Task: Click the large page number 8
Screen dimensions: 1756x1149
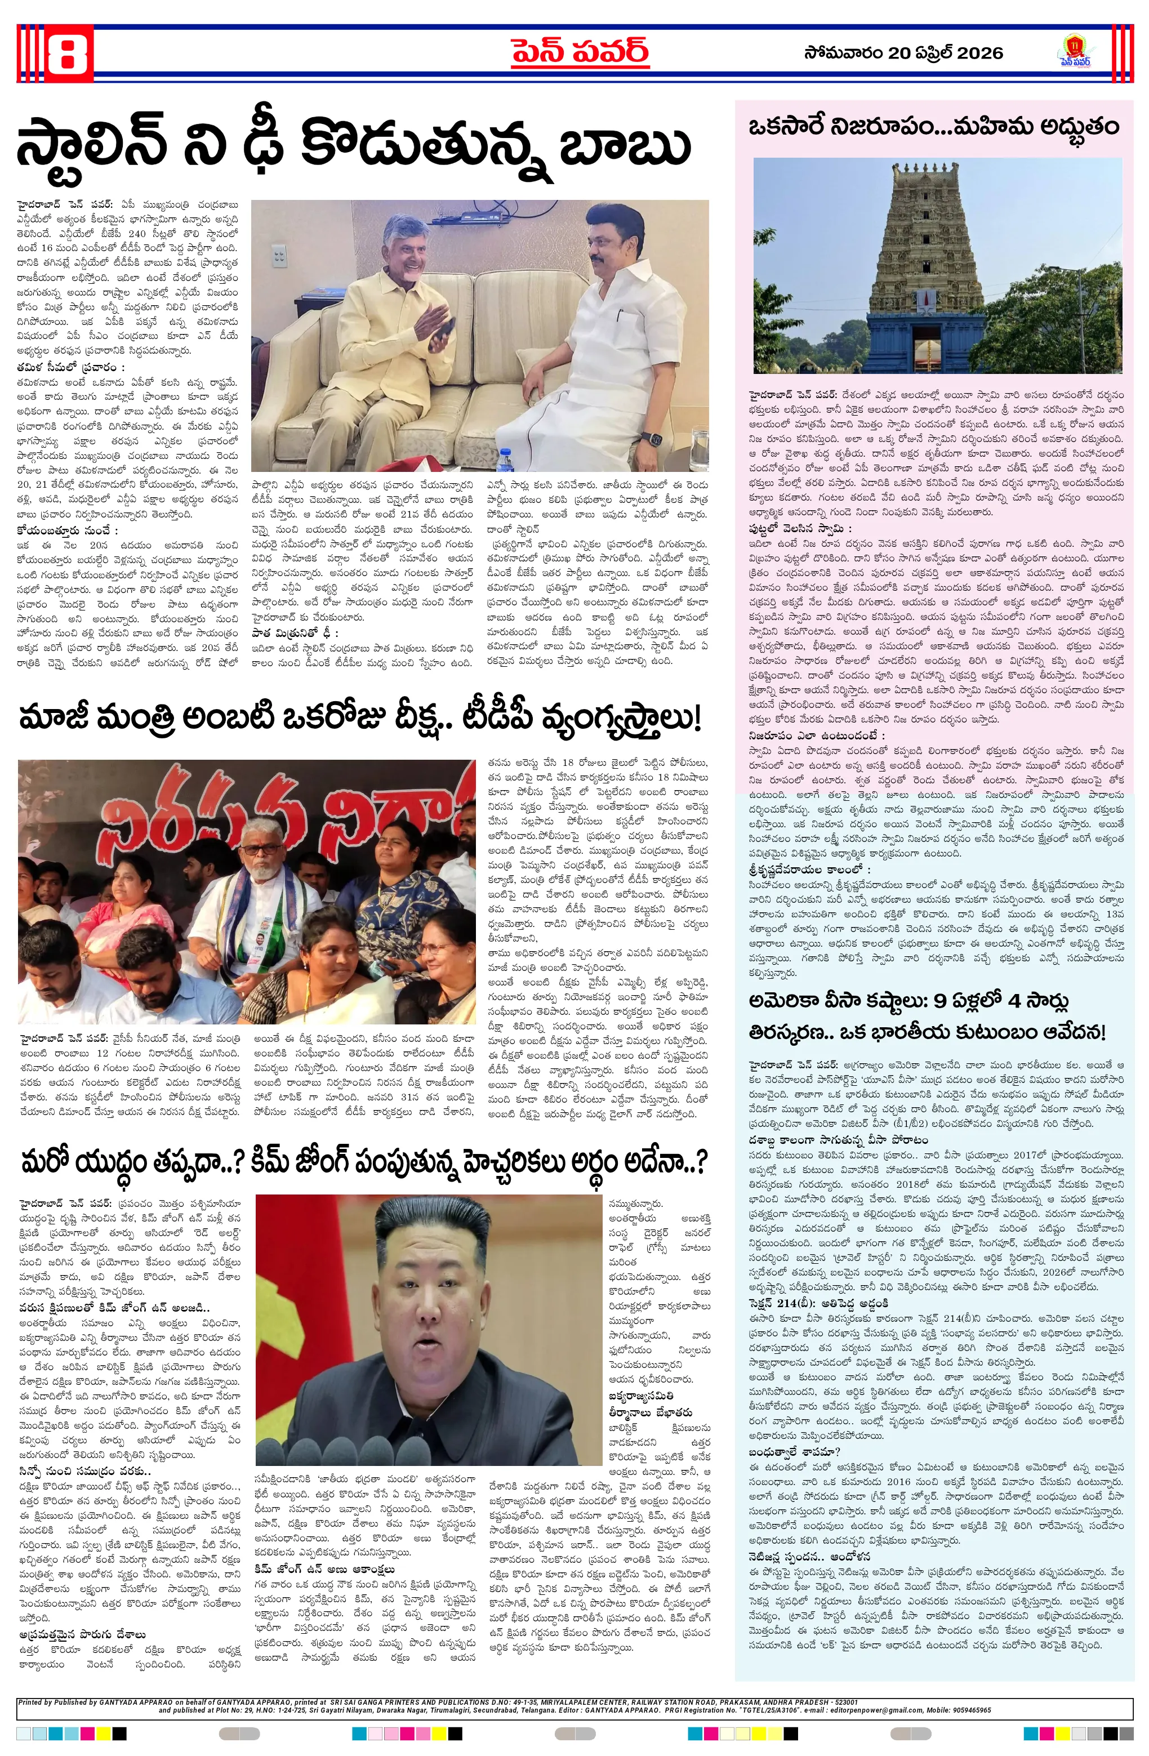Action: tap(67, 52)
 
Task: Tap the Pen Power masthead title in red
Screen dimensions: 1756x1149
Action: tap(580, 52)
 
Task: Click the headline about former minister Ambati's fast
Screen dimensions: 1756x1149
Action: tap(359, 719)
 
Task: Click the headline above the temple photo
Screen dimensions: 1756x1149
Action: tap(933, 127)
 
